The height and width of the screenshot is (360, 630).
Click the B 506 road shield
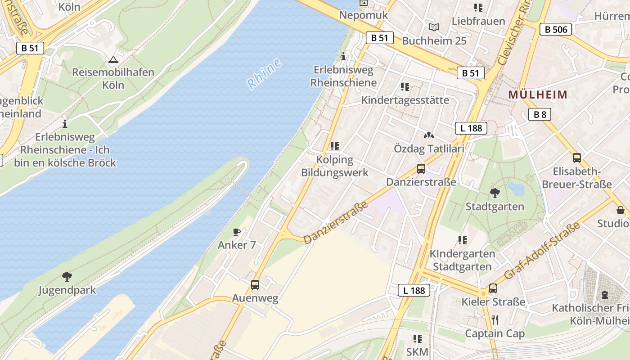[x=555, y=30]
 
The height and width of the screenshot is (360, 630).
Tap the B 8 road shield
[x=540, y=114]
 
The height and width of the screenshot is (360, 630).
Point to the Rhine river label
[x=264, y=73]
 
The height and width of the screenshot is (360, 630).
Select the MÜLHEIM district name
[x=538, y=95]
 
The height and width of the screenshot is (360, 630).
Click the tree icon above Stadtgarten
[x=495, y=193]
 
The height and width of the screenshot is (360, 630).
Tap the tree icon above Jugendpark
[x=67, y=276]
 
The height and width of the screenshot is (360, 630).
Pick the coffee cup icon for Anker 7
[x=236, y=232]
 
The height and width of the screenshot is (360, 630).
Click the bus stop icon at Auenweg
[x=255, y=285]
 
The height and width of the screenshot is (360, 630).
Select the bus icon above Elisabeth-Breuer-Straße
[x=576, y=158]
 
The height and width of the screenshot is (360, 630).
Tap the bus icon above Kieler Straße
[x=493, y=288]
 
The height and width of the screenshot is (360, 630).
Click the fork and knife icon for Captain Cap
[x=495, y=320]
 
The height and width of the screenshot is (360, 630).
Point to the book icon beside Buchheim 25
[x=434, y=27]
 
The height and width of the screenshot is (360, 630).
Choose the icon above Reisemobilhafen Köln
[x=112, y=59]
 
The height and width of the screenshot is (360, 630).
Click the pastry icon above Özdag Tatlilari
[x=428, y=135]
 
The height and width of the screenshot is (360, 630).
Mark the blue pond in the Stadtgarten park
[x=516, y=189]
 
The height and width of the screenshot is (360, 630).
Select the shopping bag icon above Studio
[x=620, y=210]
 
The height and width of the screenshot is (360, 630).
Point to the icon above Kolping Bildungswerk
[x=334, y=146]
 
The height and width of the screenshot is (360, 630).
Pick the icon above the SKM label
[x=417, y=338]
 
